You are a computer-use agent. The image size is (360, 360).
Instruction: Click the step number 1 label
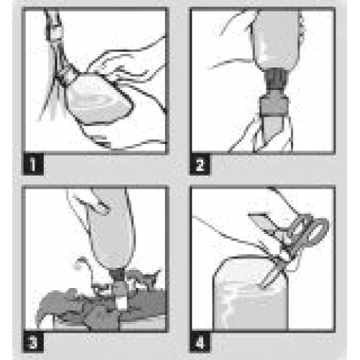pyautogui.click(x=33, y=164)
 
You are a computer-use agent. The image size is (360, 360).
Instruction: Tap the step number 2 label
pyautogui.click(x=200, y=164)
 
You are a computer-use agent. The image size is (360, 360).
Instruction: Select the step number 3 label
pyautogui.click(x=33, y=342)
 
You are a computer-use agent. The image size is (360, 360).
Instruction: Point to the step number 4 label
pyautogui.click(x=200, y=342)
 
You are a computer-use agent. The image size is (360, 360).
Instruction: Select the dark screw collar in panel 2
pyautogui.click(x=276, y=80)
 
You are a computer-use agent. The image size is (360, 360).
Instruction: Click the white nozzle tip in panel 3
pyautogui.click(x=122, y=303)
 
